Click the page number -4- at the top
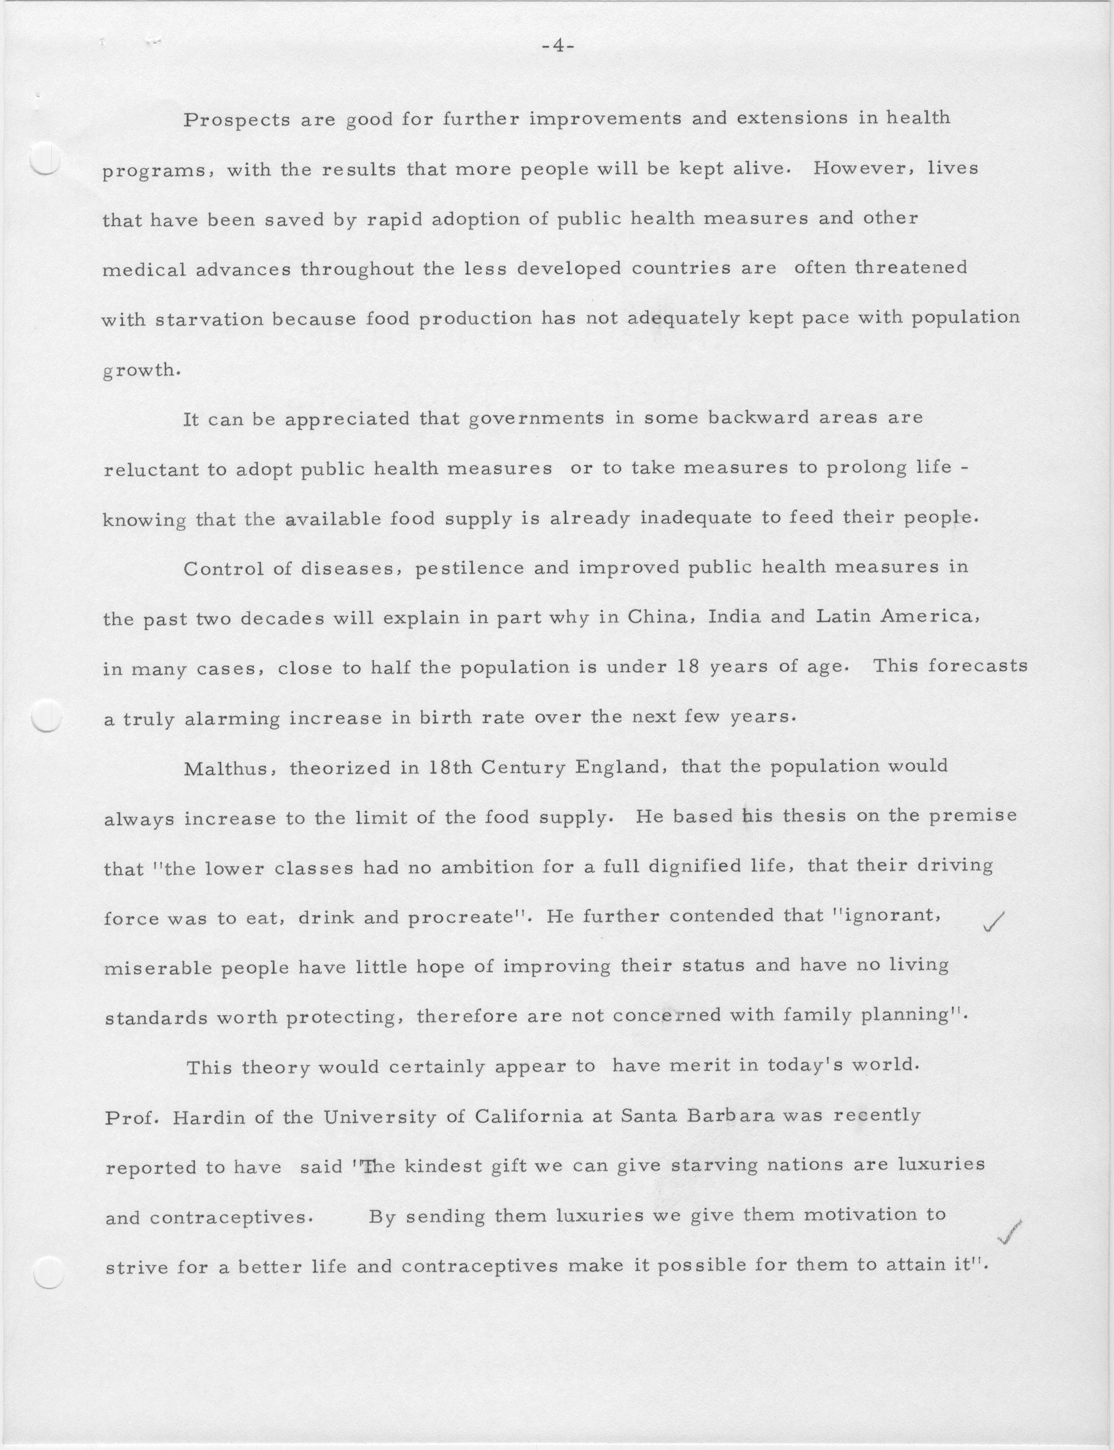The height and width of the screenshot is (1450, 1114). click(557, 47)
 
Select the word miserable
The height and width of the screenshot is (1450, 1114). click(157, 968)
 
